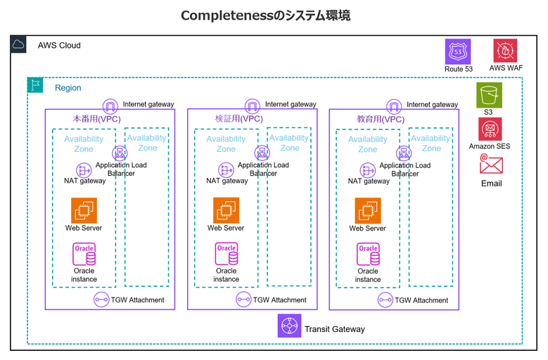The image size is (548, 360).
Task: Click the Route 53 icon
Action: coord(458,51)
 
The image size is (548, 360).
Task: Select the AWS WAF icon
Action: coord(505,51)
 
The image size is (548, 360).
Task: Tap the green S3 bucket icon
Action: coord(489,95)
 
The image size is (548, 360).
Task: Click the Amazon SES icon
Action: coord(490,129)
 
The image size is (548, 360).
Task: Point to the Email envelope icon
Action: coord(491,165)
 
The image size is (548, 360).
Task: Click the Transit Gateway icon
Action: coord(288,327)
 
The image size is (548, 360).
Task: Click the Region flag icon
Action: coord(34,85)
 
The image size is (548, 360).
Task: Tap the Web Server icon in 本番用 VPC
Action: coord(84,210)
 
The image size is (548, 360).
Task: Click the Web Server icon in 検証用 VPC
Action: coord(226,210)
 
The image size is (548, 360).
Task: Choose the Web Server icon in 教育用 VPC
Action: coord(368,210)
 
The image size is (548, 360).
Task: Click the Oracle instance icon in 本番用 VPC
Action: coord(84,254)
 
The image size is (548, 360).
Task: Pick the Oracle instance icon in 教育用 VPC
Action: coord(368,254)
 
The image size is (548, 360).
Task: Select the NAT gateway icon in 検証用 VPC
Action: coord(227,170)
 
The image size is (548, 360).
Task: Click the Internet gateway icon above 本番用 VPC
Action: coord(110,106)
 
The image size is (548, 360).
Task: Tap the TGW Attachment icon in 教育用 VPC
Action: coord(385,300)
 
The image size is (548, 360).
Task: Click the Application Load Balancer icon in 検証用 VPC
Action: coord(262,153)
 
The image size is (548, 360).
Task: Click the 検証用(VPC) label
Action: coord(238,120)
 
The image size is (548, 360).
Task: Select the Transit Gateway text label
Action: coord(334,328)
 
